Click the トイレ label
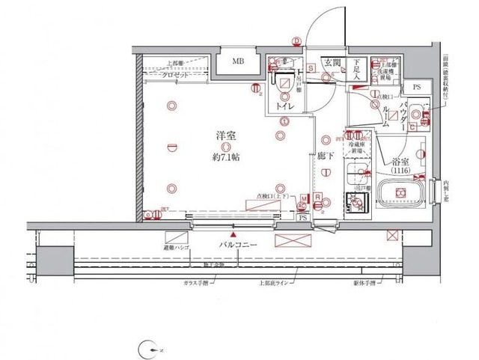(284, 107)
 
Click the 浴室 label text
(400, 161)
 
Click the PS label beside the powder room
(417, 88)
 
